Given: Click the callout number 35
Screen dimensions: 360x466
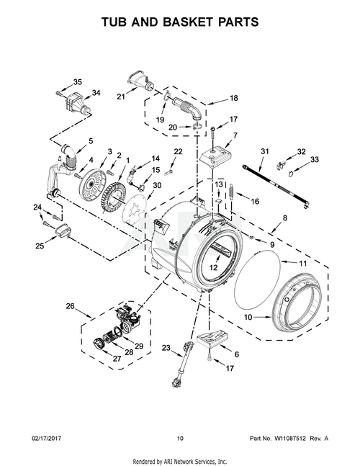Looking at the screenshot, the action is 78,82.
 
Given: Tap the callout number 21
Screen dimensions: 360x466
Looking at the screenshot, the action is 121,97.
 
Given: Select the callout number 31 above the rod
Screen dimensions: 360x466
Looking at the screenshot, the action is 265,151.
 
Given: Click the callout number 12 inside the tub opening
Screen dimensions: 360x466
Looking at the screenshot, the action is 213,267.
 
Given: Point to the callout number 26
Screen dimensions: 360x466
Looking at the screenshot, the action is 70,306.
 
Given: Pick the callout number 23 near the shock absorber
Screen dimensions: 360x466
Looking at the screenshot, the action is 166,347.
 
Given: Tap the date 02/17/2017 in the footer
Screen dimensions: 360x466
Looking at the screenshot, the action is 46,439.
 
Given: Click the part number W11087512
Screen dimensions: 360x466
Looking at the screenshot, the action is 290,439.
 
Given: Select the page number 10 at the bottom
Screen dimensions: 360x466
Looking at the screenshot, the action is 180,439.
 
